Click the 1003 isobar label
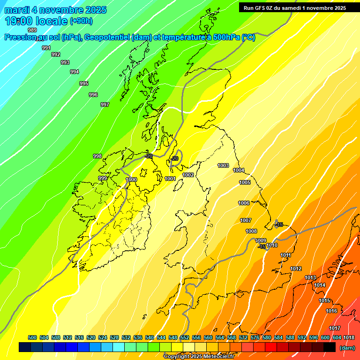[x=223, y=165]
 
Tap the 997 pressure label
[x=105, y=105]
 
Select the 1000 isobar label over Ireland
[x=131, y=180]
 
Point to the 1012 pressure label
[x=296, y=269]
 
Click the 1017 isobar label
[x=335, y=328]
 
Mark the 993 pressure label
[x=65, y=62]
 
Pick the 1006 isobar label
[x=244, y=203]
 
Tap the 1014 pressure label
[x=320, y=285]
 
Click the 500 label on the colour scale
[x=32, y=337]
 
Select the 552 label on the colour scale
[x=185, y=337]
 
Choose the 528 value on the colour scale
[x=114, y=337]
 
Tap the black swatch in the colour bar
[x=330, y=347]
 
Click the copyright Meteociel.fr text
[x=199, y=357]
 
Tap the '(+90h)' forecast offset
[x=82, y=21]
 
